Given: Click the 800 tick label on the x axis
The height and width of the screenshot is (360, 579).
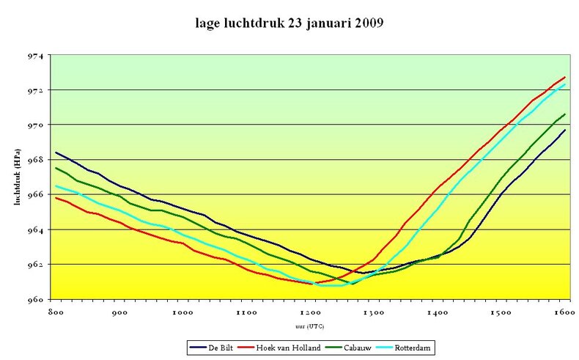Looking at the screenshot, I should coord(55,313).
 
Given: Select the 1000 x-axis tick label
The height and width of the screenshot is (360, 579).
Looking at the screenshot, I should coord(182,313).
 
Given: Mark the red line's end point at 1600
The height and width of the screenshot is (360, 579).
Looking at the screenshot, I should coord(564,77).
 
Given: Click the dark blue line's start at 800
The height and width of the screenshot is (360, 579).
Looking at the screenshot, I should coord(56,153).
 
